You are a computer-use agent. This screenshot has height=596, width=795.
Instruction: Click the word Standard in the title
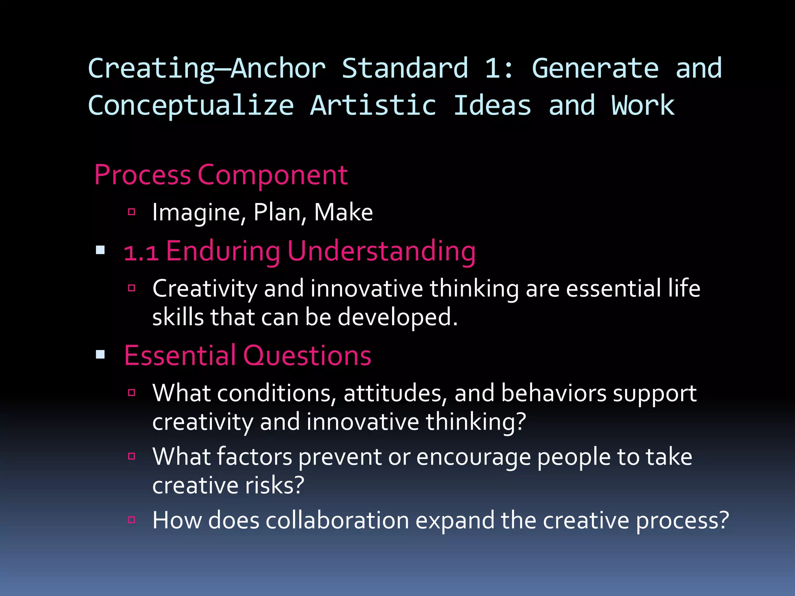pyautogui.click(x=405, y=68)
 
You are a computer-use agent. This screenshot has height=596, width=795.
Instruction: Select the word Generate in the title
pyautogui.click(x=595, y=68)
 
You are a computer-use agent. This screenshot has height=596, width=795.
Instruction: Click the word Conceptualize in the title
pyautogui.click(x=191, y=106)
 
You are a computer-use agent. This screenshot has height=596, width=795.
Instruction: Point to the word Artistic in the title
pyautogui.click(x=373, y=106)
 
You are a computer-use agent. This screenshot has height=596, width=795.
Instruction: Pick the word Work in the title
pyautogui.click(x=643, y=106)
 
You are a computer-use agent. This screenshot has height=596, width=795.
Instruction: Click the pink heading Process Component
pyautogui.click(x=221, y=175)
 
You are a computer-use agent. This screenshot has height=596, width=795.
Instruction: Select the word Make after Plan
pyautogui.click(x=343, y=213)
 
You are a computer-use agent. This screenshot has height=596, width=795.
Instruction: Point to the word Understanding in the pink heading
pyautogui.click(x=382, y=251)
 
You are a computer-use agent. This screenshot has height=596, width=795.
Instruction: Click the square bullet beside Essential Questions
pyautogui.click(x=101, y=354)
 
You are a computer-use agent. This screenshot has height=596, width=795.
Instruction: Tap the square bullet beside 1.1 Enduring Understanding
pyautogui.click(x=101, y=250)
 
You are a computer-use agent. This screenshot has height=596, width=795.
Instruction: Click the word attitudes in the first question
pyautogui.click(x=392, y=393)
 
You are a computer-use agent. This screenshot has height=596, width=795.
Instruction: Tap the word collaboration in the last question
pyautogui.click(x=337, y=520)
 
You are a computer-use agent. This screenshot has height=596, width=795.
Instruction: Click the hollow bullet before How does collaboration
pyautogui.click(x=132, y=520)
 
